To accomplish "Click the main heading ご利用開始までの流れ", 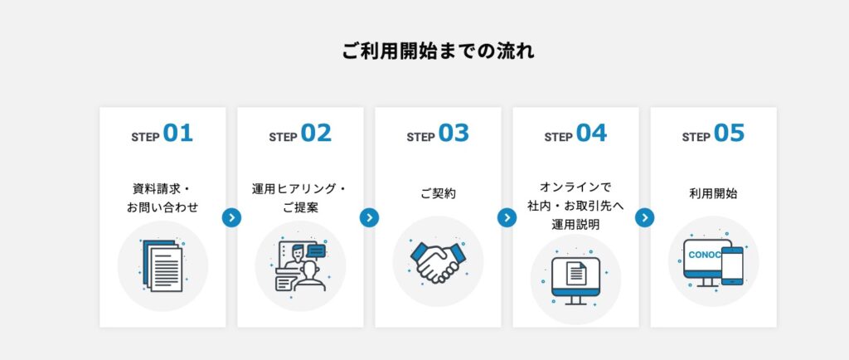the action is pos(438,51).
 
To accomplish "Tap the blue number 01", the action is pos(178,134).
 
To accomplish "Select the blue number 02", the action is pos(316,134).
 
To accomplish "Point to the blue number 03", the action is pos(454,134).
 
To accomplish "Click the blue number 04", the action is pos(592,134).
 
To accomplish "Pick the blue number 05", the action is pos(730,134).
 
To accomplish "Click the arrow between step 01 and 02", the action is pos(232,217).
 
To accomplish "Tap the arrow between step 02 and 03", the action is pos(369,217).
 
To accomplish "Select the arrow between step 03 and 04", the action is pos(507,217).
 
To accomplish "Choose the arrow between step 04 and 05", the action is pos(645,217).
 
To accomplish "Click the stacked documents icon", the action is pos(163,265).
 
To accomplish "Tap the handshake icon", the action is pos(438,261).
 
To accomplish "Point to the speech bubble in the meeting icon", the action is pos(316,251).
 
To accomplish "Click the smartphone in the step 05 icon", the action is pos(732,265).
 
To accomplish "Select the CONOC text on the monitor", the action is pos(705,255).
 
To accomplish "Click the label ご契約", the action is pos(438,194).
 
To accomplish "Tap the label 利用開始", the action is pos(714,194).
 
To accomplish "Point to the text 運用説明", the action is pos(575,224).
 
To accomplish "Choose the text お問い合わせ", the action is pos(163,207).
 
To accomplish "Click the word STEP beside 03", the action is pos(420,138).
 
